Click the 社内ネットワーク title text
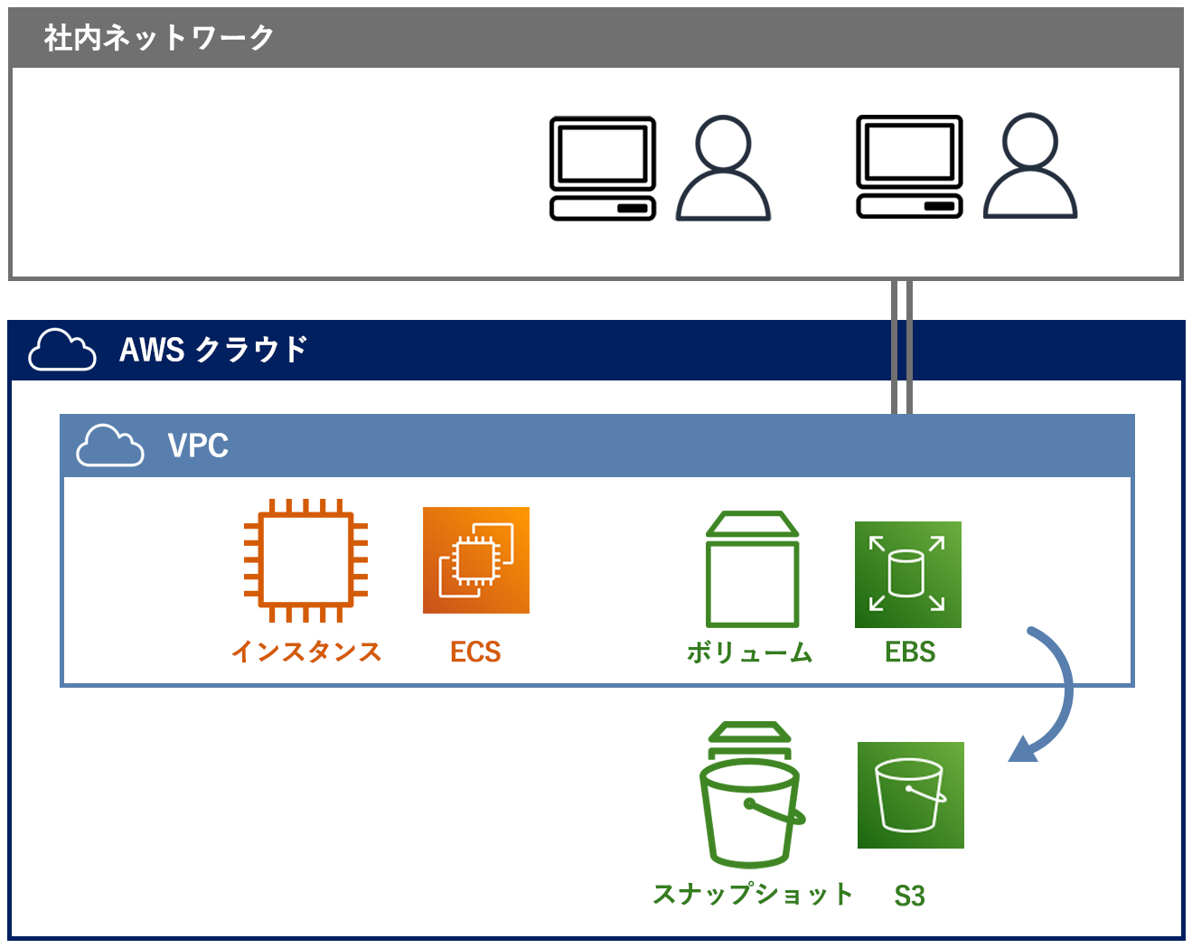pyautogui.click(x=158, y=38)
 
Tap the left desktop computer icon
pyautogui.click(x=602, y=168)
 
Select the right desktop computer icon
pyautogui.click(x=908, y=167)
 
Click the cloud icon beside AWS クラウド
pyautogui.click(x=62, y=349)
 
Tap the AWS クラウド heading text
pyautogui.click(x=213, y=349)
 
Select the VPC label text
pyautogui.click(x=198, y=445)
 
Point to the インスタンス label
pyautogui.click(x=306, y=651)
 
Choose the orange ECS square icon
pyautogui.click(x=475, y=559)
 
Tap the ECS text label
pyautogui.click(x=475, y=651)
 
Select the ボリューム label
pyautogui.click(x=749, y=652)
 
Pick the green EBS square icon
pyautogui.click(x=907, y=574)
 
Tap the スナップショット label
pyautogui.click(x=752, y=894)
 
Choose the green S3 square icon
pyautogui.click(x=910, y=794)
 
